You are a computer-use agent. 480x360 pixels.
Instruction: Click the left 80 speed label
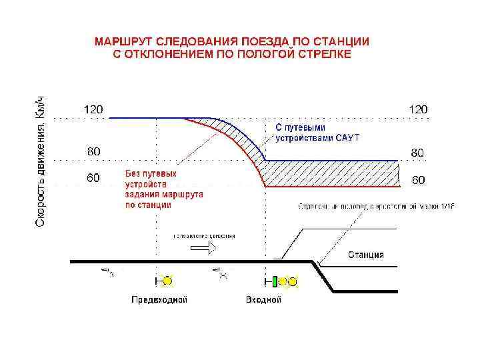click(92, 151)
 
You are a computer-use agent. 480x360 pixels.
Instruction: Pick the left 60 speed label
click(92, 178)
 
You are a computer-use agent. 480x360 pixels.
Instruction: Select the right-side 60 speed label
click(417, 180)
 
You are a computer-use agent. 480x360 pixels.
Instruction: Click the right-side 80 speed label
click(417, 153)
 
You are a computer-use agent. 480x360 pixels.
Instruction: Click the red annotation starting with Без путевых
click(164, 189)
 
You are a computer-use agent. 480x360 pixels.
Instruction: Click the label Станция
click(365, 255)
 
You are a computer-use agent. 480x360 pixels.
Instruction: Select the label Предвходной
click(159, 300)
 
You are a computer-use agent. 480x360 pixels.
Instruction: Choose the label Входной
click(263, 300)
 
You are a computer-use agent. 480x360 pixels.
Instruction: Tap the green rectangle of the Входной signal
click(274, 281)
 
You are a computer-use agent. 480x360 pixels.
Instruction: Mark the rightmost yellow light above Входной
click(292, 281)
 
